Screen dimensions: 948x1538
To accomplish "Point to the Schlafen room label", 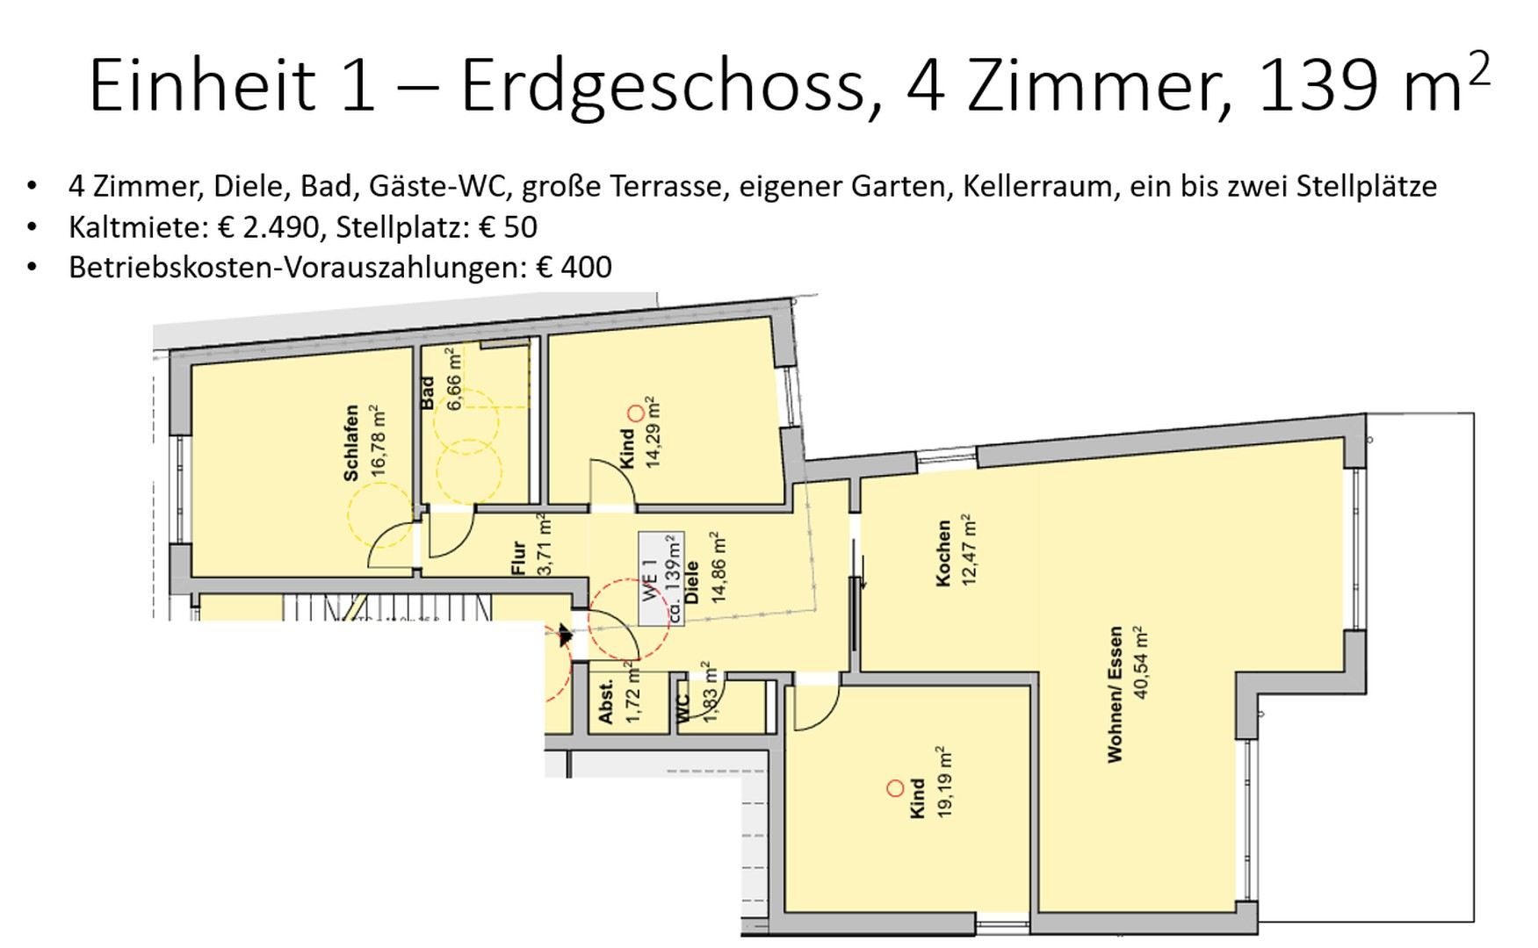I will click(351, 442).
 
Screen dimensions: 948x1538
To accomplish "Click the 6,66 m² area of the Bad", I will click(454, 378).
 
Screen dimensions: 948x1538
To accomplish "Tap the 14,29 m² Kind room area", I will click(652, 432).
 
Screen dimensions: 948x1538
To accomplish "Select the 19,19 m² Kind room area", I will click(944, 782).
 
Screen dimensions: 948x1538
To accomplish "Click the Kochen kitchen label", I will click(943, 553).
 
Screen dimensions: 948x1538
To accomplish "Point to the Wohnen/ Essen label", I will click(1116, 693).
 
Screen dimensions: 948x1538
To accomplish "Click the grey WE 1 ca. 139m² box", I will click(661, 578).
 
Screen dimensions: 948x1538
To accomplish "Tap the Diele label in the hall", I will click(692, 582).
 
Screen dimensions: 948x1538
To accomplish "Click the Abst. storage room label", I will click(605, 702).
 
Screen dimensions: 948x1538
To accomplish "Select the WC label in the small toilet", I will click(684, 707).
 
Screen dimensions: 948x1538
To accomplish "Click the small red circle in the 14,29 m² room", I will click(635, 413).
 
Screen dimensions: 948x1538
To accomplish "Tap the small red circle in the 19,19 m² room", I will click(895, 788).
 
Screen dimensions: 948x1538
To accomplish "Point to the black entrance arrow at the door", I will click(565, 636).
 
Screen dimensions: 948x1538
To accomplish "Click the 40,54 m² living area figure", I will click(1140, 663).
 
